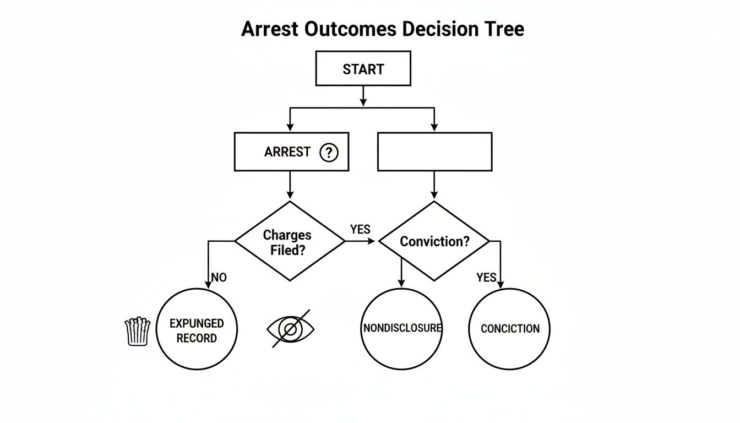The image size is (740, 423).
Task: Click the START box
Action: pos(363,69)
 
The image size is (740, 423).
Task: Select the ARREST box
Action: pos(291,151)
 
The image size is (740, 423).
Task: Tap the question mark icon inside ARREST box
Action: pos(328,152)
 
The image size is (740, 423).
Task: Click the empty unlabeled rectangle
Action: pos(434,151)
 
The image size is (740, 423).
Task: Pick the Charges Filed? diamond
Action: pos(290,241)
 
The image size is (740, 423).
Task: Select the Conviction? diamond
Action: pos(434,241)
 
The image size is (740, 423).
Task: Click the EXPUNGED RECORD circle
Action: pos(197,329)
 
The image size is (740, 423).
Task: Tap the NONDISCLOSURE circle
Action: pos(402,328)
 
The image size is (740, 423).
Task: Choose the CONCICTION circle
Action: pos(509,329)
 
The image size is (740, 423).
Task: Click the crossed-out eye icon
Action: pos(291,329)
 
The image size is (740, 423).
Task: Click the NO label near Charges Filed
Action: pos(219,278)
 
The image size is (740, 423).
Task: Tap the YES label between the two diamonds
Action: pos(360,229)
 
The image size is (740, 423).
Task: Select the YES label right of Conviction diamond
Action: pos(486,278)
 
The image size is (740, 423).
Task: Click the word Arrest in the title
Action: pos(270,29)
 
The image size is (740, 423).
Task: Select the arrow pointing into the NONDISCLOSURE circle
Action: pos(402,273)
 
